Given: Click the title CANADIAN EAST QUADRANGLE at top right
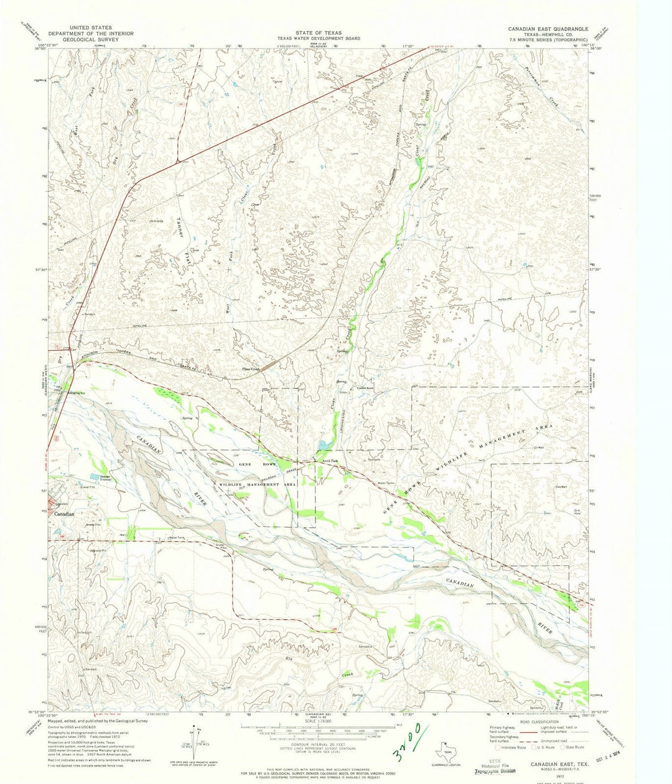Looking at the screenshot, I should click(x=544, y=29).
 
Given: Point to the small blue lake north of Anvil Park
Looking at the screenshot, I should click(x=323, y=446).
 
